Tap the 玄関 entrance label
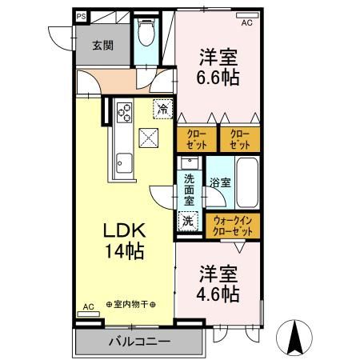pyautogui.click(x=101, y=46)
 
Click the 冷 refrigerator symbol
pyautogui.click(x=162, y=108)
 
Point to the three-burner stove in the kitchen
pyautogui.click(x=124, y=112)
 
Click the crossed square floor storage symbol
pyautogui.click(x=149, y=137)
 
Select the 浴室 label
pyautogui.click(x=220, y=183)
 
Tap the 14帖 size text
pyautogui.click(x=122, y=252)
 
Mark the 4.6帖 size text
pyautogui.click(x=218, y=294)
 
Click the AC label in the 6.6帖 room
pyautogui.click(x=246, y=22)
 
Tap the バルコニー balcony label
pyautogui.click(x=139, y=342)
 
